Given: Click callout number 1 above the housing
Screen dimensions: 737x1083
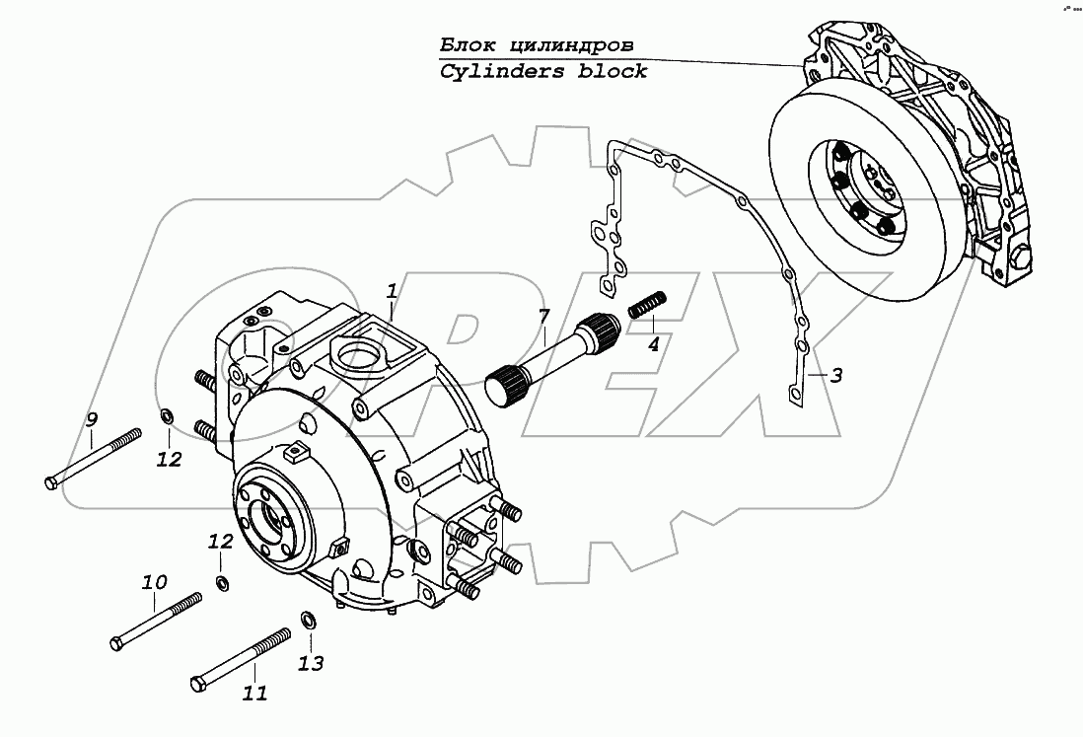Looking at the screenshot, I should coord(392,291).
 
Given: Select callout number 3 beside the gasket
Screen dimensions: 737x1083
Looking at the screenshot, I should coord(835,375).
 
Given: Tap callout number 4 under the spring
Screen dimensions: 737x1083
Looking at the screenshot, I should coord(653,344).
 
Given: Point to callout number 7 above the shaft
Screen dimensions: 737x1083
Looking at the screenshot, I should coord(542,318).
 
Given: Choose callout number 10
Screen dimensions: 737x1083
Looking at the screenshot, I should coord(154,582).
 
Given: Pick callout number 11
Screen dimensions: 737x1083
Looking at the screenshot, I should coord(254,694).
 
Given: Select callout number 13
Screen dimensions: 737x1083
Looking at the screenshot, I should coord(310,663).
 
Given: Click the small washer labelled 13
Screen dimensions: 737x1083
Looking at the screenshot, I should coord(307,620).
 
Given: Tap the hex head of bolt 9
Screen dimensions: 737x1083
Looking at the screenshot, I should coord(52,481).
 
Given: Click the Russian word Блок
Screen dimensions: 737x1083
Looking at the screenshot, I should coord(465,45).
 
